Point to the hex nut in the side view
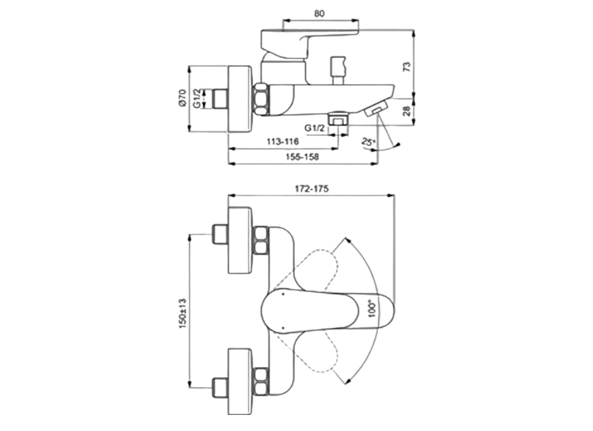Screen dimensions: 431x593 pos(261,99)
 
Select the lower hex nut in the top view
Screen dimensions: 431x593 pos(261,381)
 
